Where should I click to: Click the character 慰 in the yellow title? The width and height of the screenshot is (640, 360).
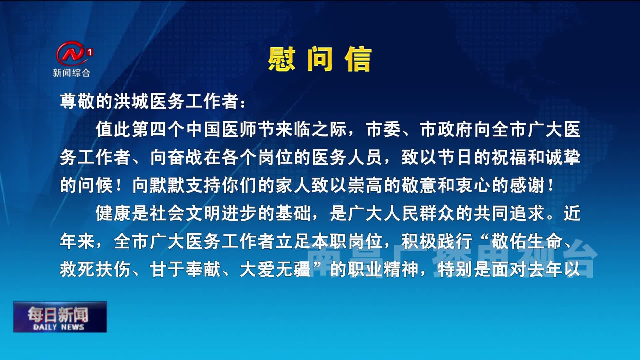[282, 59]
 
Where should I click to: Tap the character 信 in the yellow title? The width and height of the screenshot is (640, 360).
[358, 59]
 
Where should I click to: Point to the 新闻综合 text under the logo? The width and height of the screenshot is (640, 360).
[72, 73]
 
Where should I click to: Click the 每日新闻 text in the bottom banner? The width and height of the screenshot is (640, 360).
[58, 314]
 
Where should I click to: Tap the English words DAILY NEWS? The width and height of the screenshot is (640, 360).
[59, 327]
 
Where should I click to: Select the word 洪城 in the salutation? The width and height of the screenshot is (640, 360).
[132, 101]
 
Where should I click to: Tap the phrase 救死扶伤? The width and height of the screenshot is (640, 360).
[95, 269]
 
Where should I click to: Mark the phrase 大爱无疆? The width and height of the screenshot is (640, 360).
[275, 269]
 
